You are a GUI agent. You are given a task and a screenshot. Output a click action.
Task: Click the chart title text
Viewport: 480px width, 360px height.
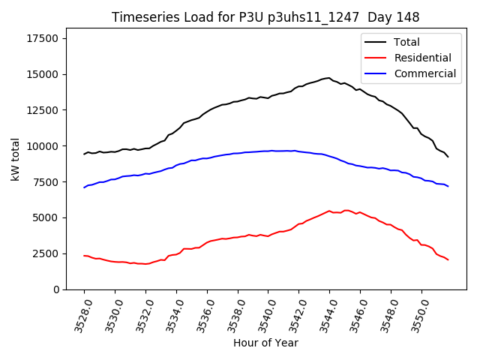coord(265,17)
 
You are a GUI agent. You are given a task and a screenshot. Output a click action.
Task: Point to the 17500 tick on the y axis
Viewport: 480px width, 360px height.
coord(42,39)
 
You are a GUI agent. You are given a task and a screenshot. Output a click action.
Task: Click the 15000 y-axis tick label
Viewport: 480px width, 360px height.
coord(42,74)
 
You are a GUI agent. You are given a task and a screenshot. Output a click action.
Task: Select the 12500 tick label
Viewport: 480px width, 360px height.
coord(42,110)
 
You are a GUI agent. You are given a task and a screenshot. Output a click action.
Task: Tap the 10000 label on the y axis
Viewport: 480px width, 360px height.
coord(42,146)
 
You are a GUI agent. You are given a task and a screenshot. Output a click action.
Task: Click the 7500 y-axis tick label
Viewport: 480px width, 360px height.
coord(45,182)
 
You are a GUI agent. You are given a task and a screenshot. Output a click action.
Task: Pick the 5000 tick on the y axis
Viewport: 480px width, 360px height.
coord(45,217)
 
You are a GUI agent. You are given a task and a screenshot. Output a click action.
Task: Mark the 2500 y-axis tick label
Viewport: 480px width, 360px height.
coord(45,253)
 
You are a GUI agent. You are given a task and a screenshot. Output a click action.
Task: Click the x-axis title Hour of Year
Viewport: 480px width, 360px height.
coord(265,343)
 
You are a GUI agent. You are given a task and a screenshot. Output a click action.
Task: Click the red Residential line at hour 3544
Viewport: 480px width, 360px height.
coord(330,211)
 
